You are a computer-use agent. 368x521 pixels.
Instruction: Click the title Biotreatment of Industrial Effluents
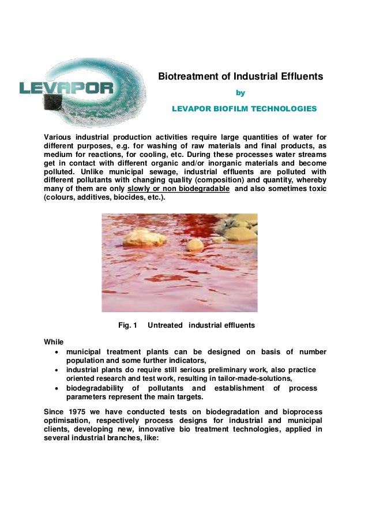coord(241,76)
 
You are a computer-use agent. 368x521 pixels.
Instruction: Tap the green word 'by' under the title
coord(241,92)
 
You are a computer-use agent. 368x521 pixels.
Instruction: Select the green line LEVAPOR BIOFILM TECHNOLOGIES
coord(245,108)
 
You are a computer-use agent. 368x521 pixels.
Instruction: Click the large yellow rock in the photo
coord(144,237)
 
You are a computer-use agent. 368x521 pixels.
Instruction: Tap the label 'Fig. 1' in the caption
coord(127,325)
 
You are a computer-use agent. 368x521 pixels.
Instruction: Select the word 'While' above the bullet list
coord(54,342)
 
